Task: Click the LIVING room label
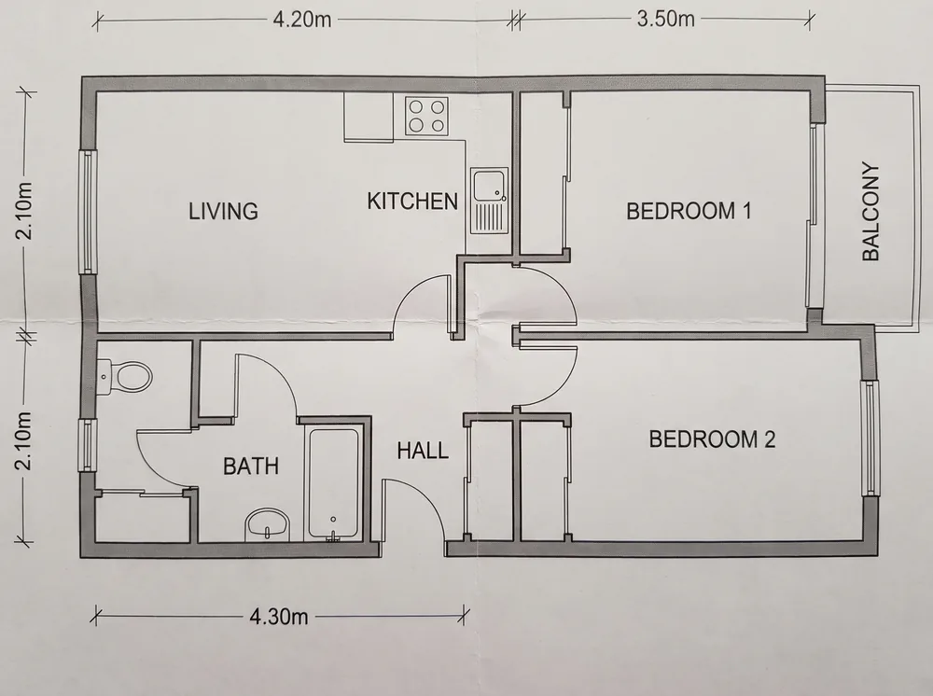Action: (x=223, y=211)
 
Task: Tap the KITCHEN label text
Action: (x=412, y=202)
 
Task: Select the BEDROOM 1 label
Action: (x=689, y=211)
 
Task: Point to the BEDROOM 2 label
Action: (x=712, y=439)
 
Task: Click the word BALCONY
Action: (x=870, y=212)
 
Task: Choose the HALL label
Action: (x=423, y=451)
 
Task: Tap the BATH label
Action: (x=250, y=466)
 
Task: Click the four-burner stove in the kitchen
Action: (x=426, y=116)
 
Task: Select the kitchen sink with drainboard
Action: (x=490, y=201)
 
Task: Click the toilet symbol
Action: (x=124, y=377)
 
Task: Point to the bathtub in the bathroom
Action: (x=333, y=482)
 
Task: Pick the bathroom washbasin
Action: (x=267, y=524)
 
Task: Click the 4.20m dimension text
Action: (x=301, y=19)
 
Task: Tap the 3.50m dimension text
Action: (x=665, y=19)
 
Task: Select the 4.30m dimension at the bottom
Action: (x=278, y=617)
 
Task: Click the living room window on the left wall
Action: (x=88, y=211)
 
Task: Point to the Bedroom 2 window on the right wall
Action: (x=870, y=438)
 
